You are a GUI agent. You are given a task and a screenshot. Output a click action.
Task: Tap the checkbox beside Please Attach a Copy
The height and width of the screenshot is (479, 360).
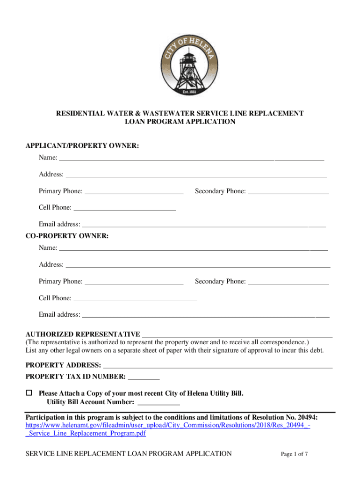[x=29, y=393]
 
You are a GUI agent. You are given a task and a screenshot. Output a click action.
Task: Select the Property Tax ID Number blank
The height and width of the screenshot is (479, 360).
[x=144, y=377]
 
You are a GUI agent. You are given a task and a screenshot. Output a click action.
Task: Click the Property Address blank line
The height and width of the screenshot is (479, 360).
[x=217, y=365]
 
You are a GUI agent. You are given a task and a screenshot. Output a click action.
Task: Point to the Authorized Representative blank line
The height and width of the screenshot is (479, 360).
[x=237, y=334]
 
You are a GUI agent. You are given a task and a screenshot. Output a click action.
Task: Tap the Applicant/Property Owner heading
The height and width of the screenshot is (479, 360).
[x=82, y=146]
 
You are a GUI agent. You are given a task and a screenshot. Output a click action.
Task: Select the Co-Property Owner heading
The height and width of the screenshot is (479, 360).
[x=67, y=236]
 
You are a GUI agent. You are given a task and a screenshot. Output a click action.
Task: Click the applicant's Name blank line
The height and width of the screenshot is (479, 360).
[x=192, y=158]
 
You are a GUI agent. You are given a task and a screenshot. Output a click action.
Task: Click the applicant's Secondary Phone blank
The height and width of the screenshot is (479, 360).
[x=288, y=191]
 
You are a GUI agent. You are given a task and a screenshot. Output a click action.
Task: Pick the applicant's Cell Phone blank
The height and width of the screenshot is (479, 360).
[x=125, y=208]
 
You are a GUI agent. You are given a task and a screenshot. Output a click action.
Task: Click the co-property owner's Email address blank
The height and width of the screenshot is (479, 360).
[x=205, y=315]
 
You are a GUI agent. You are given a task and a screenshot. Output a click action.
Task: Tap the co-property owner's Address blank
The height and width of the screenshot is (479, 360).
[x=198, y=265]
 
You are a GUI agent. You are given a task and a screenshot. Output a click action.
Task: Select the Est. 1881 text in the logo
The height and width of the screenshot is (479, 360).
[x=190, y=92]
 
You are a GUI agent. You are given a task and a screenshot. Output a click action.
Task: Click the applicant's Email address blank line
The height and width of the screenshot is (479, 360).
[x=203, y=225]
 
